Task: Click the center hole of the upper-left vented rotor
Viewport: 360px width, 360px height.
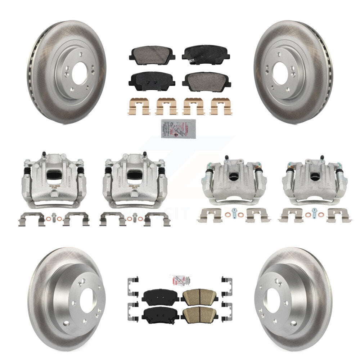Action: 79,73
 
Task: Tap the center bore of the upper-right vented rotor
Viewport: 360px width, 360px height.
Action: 280,73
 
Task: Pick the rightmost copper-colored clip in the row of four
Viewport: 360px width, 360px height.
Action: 221,107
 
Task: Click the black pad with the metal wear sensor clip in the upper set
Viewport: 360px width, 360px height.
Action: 206,54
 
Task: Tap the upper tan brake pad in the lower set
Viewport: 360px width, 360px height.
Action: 200,297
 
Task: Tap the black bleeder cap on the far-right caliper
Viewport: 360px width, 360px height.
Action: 322,158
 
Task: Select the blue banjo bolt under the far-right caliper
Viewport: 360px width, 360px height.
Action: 314,212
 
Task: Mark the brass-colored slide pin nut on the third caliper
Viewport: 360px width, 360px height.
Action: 257,167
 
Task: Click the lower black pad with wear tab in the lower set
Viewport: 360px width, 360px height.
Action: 160,315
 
